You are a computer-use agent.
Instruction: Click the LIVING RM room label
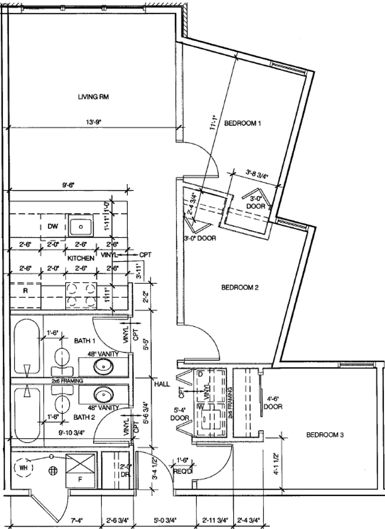click(x=93, y=97)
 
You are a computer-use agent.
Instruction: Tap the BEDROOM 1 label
click(x=242, y=123)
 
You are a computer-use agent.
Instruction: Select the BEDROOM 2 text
click(x=240, y=288)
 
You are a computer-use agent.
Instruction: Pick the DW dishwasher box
click(x=52, y=227)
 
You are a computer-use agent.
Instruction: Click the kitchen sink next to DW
click(x=80, y=227)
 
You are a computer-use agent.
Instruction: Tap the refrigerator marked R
click(x=25, y=290)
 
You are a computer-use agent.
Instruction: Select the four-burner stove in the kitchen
click(x=80, y=295)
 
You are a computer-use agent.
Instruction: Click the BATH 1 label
click(x=85, y=340)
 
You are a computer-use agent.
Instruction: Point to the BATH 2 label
click(x=85, y=417)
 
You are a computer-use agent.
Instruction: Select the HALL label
click(x=162, y=385)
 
